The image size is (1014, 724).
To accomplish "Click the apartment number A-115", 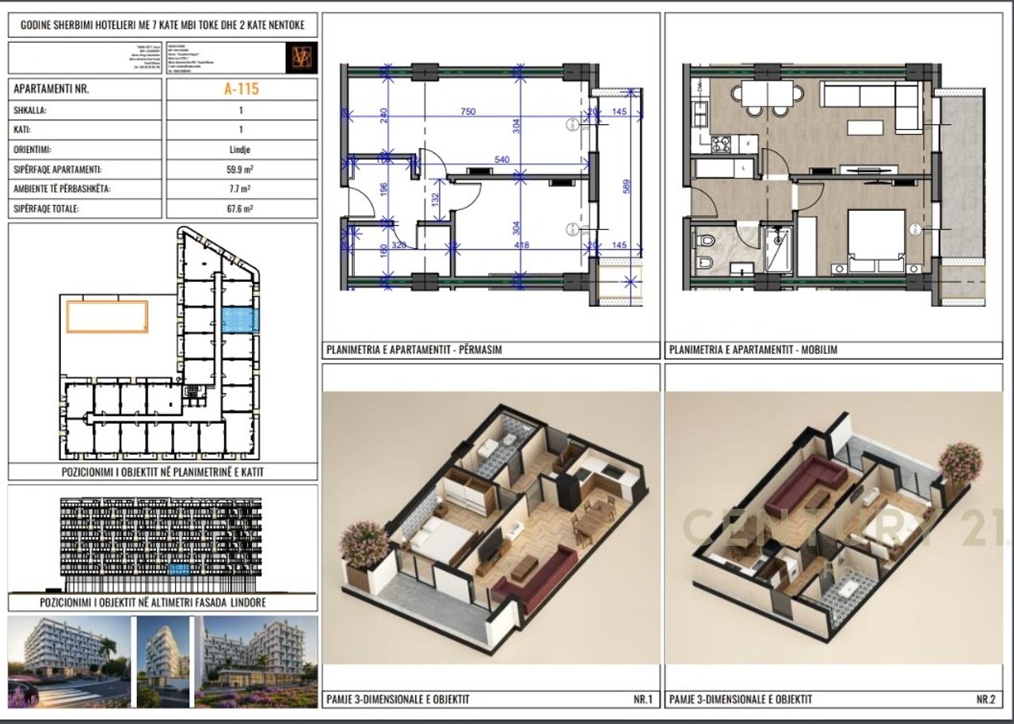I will coord(242,90).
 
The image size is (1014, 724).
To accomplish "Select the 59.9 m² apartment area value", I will coord(242,170).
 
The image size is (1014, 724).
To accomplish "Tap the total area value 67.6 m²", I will coord(242,209).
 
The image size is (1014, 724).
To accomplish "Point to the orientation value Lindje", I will coord(242,149).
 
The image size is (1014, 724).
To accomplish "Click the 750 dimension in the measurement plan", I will coord(468,112).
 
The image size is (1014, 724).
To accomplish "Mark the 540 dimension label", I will coord(501,160).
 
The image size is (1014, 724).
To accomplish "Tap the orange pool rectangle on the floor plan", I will coord(107,317).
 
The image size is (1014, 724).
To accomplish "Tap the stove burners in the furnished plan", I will coord(722,144).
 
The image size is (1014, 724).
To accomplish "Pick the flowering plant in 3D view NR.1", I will coord(364,545).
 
